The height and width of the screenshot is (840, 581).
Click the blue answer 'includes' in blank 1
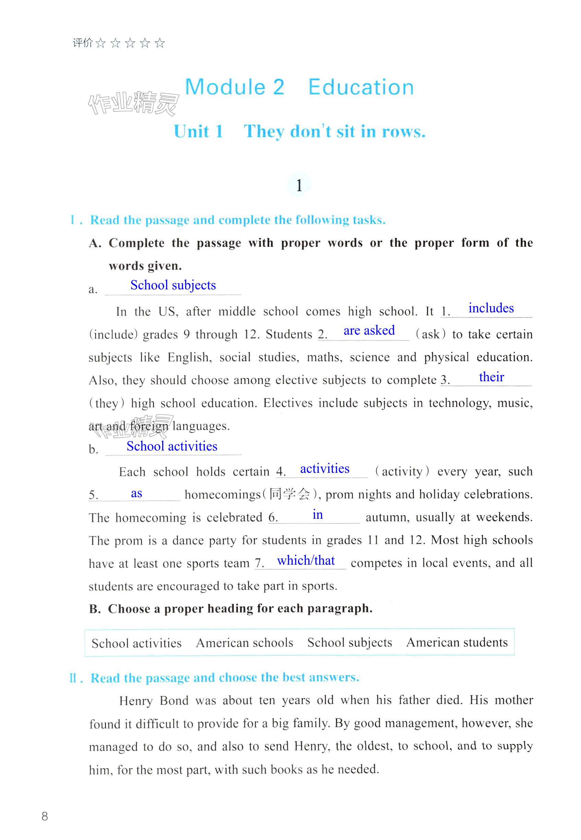[491, 308]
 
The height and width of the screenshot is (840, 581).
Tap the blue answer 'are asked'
[369, 331]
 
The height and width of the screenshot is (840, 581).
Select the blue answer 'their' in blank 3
[491, 377]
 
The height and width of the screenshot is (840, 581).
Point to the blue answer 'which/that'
[306, 561]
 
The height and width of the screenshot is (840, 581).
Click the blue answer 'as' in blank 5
[136, 493]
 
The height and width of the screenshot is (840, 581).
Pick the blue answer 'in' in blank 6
[318, 515]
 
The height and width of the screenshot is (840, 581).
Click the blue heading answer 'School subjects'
[173, 285]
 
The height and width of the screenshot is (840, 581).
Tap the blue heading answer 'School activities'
[172, 446]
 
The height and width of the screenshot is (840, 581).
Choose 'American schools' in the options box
[244, 643]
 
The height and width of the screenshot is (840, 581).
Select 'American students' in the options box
[457, 643]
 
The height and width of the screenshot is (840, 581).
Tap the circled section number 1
[299, 185]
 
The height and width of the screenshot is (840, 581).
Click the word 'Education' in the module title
[361, 88]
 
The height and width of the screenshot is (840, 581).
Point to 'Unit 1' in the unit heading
[198, 131]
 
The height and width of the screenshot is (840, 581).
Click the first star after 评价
[100, 44]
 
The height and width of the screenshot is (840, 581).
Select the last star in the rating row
[159, 44]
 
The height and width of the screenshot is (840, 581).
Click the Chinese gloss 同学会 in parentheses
[289, 494]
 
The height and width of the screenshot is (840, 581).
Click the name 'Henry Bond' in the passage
[154, 700]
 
